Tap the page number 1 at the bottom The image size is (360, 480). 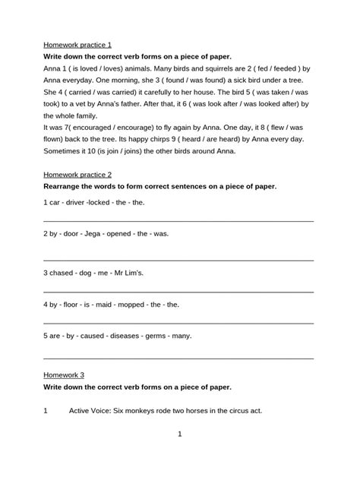pos(179,434)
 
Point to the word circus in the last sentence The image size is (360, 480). pos(232,410)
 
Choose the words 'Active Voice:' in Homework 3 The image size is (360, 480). pos(93,410)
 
